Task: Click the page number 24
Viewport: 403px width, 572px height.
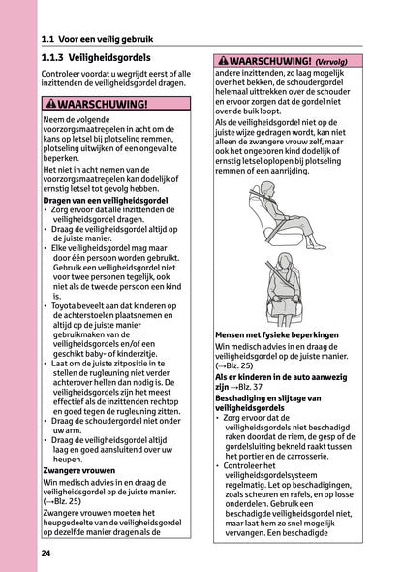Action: click(x=46, y=553)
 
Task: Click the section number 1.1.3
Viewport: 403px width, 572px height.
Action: click(x=58, y=59)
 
